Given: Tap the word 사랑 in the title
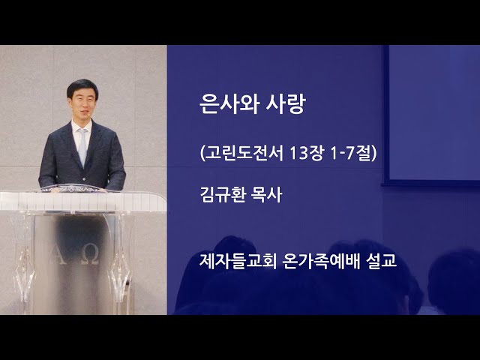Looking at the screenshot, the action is coord(286,104).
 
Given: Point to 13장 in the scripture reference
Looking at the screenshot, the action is coord(306,152).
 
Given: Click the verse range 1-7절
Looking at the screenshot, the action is coord(351,152).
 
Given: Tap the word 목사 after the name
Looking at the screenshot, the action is coord(266,195).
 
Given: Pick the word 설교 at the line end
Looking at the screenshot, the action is coord(381,261).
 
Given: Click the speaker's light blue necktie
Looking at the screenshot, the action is coord(82,146).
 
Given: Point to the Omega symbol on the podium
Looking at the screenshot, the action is coord(91,255).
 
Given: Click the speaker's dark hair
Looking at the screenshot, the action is coord(82,87).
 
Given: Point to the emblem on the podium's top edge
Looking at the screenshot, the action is coord(72,188).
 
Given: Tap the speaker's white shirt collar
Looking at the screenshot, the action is coord(82,127).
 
